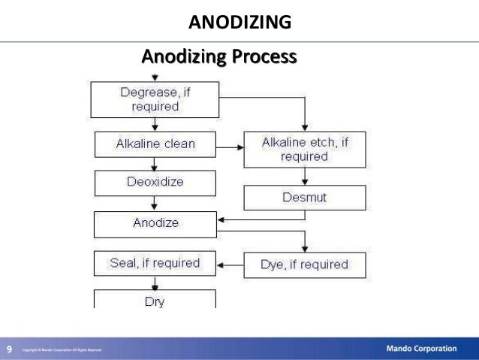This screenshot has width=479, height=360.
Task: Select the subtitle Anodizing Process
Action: point(218,56)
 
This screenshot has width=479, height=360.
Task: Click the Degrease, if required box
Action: point(154,99)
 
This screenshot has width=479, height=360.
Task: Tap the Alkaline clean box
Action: point(155,144)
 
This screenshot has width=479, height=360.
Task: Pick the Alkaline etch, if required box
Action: point(304,149)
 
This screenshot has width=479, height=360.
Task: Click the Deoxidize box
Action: point(155,183)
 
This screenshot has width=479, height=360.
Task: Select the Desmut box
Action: point(304,198)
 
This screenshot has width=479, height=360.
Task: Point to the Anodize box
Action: point(155,223)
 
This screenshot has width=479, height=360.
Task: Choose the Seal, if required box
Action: point(155,263)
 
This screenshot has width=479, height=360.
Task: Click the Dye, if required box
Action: point(304,265)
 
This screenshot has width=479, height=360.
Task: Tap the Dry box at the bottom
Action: point(155,300)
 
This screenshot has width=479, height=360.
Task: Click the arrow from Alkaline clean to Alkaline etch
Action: point(230,144)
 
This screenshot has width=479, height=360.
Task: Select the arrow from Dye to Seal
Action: point(230,265)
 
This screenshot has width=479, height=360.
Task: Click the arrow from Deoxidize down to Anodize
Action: point(155,203)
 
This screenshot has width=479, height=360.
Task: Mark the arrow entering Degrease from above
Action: point(155,77)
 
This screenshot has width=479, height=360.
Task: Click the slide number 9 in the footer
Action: point(9,349)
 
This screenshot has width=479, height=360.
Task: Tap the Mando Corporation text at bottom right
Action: point(421,349)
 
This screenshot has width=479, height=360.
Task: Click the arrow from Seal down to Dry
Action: point(155,283)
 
